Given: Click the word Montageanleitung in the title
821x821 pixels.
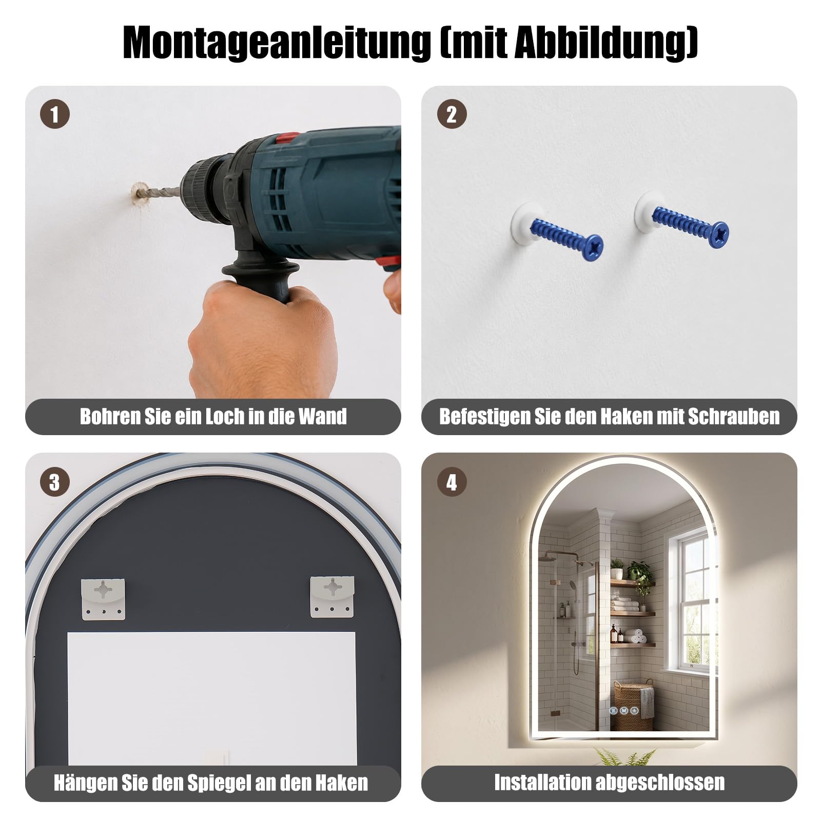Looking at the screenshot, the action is tap(277, 43).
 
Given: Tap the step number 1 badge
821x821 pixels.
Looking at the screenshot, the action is tap(55, 114).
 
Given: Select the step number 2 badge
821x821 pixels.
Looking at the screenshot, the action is tap(452, 114).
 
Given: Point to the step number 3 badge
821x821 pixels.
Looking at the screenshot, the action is tap(55, 482).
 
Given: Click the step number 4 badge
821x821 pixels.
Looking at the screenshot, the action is tap(452, 482).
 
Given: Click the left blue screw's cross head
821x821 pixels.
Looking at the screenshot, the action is tap(595, 247).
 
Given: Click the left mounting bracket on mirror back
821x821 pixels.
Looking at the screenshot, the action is tap(103, 599).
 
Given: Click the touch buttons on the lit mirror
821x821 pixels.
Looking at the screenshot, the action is tap(624, 711).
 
